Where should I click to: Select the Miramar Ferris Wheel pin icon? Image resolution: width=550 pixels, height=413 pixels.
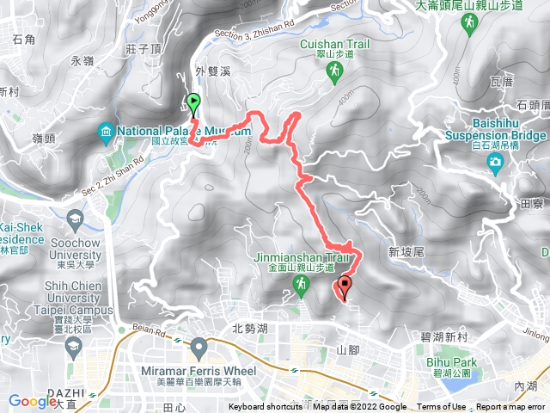point(199,348)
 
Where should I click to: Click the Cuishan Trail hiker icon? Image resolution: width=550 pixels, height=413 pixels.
point(333,76)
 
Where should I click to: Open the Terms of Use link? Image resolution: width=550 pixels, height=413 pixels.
point(442,407)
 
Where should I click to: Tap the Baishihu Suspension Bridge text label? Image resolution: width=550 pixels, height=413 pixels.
point(496,129)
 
